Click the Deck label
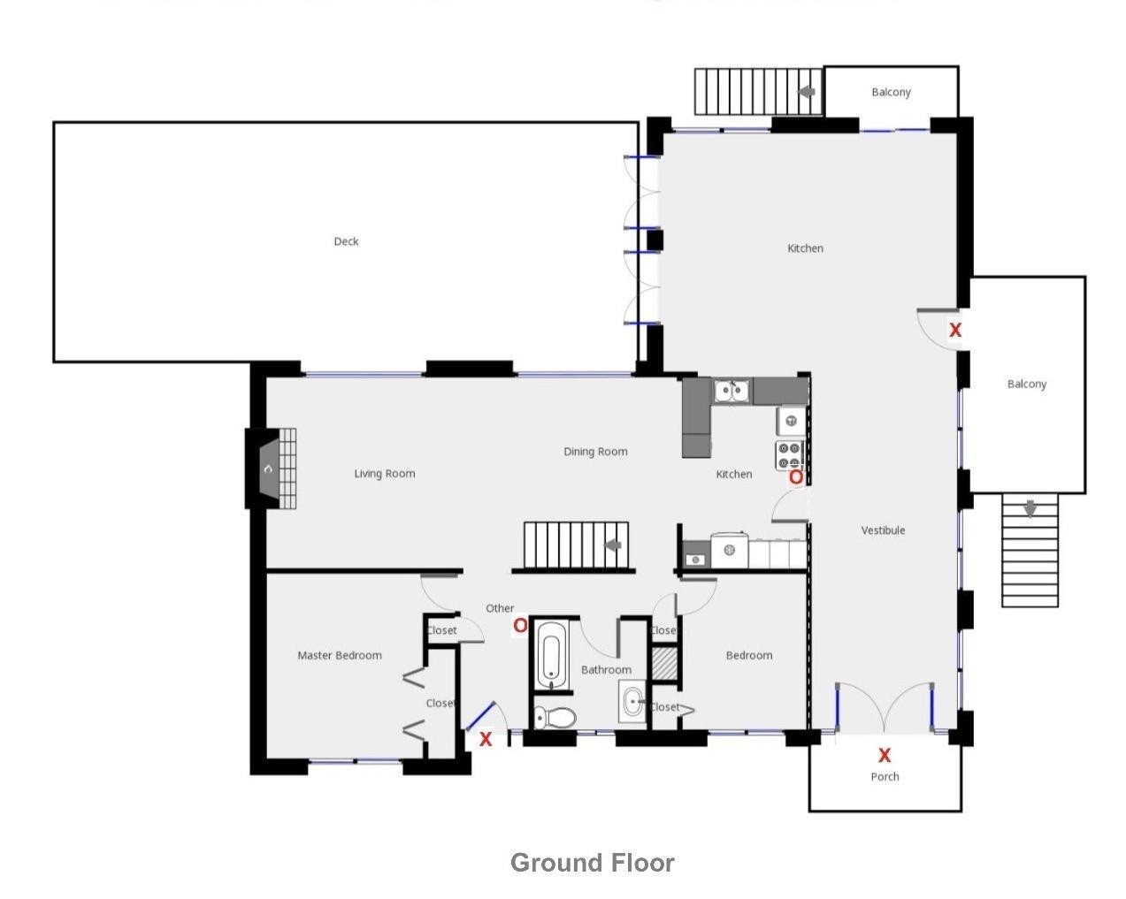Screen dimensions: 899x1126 coord(346,241)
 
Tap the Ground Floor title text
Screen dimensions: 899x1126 coord(592,863)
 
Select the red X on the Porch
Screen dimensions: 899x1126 coord(884,755)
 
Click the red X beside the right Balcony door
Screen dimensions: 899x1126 coord(955,330)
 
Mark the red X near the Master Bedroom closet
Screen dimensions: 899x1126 coord(485,739)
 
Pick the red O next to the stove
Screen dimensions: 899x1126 coord(796,477)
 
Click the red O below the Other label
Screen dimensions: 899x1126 coord(520,626)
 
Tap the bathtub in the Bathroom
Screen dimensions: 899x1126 coord(553,655)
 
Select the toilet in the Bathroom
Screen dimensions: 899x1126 coord(555,717)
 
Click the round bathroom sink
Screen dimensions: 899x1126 coord(633,704)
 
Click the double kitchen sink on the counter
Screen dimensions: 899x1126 coord(732,390)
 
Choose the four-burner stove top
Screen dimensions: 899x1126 coord(789,455)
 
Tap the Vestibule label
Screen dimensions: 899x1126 coord(883,530)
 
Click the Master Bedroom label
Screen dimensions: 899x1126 coord(340,655)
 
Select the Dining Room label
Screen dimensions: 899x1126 coord(595,452)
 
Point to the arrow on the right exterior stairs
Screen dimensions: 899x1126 coord(1030,509)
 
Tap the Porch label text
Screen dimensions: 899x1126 coord(885,777)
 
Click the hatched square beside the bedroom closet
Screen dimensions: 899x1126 coord(664,664)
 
